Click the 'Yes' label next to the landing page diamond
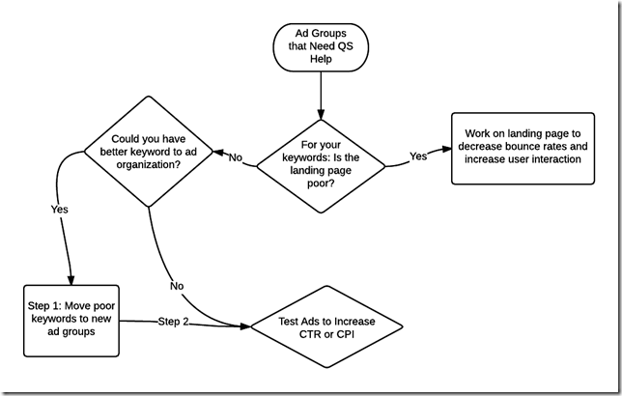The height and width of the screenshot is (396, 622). pos(418,155)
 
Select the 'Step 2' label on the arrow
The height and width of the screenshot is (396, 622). pos(173,323)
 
